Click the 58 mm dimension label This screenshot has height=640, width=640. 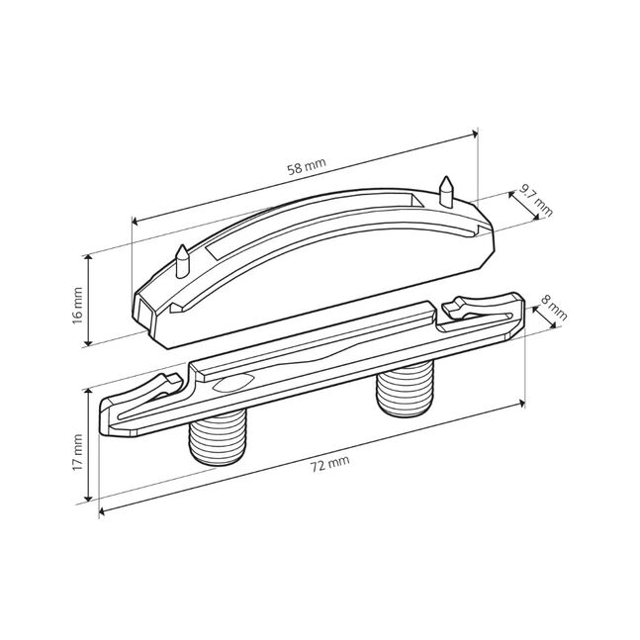coord(307,166)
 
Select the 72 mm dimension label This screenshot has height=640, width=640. coord(330,464)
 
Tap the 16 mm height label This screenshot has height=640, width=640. coord(77,306)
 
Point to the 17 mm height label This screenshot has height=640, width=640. coord(77,453)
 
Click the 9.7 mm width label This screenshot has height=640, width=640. coord(536,201)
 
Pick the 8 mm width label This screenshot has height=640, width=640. coord(554,308)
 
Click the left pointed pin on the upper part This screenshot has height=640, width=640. coord(182,261)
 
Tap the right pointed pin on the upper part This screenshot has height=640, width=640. coord(446,192)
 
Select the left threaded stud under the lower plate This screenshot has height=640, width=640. coord(219,437)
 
